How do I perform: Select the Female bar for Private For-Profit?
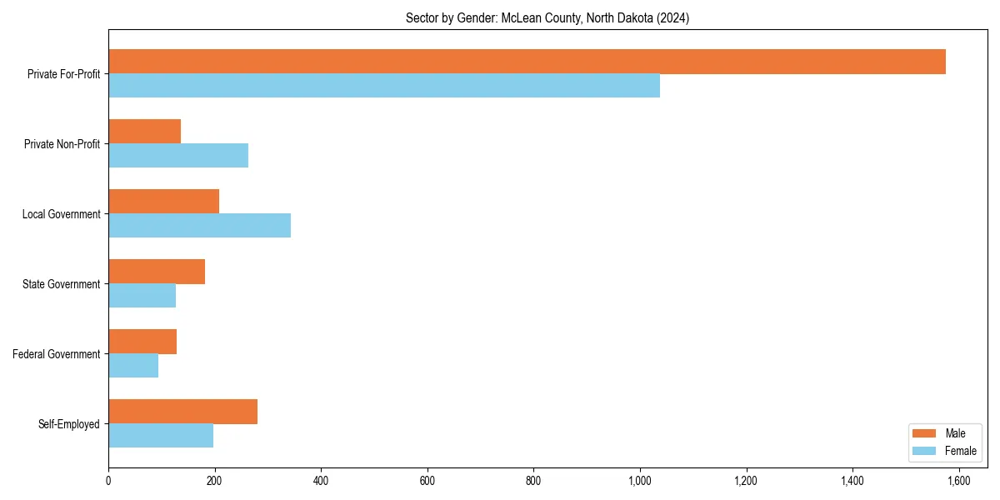[x=384, y=86]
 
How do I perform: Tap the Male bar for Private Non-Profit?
[x=144, y=132]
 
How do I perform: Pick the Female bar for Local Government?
[x=199, y=226]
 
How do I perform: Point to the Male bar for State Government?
[x=157, y=272]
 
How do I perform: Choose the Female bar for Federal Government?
[x=133, y=366]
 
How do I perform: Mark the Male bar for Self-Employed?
[x=182, y=412]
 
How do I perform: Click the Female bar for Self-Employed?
[x=161, y=436]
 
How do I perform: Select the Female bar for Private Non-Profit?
[x=178, y=156]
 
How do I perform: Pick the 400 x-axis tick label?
[x=321, y=481]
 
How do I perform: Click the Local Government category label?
[x=61, y=214]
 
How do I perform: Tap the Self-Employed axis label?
[x=68, y=424]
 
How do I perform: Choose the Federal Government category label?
[x=56, y=354]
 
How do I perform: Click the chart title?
[x=547, y=17]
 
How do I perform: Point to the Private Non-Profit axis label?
[x=62, y=144]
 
